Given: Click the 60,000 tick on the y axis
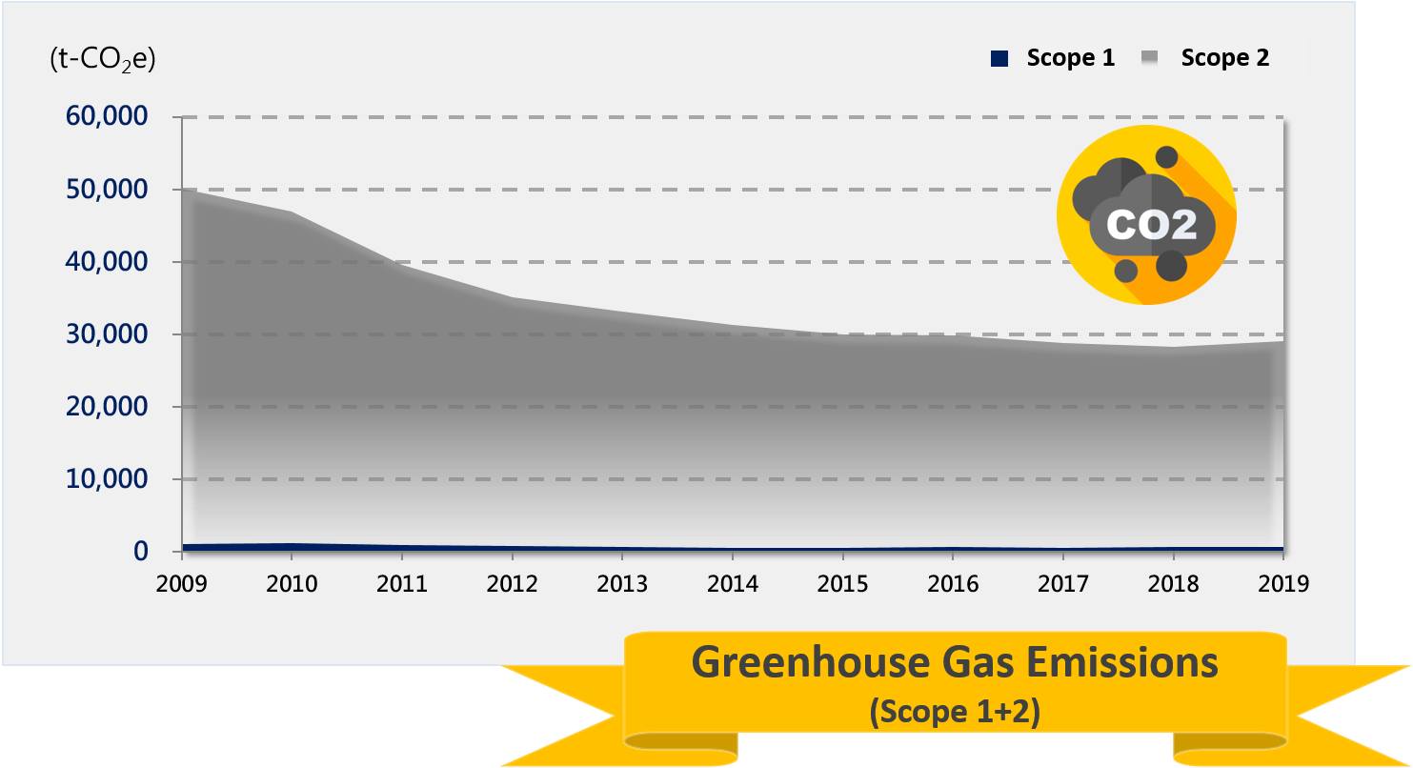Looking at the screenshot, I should click(x=106, y=117).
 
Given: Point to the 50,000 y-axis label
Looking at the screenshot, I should click(x=106, y=190).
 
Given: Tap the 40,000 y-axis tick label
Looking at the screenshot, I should click(x=106, y=262).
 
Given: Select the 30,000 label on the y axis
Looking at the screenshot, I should click(x=106, y=334).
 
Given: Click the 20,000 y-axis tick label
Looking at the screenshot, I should click(x=106, y=407).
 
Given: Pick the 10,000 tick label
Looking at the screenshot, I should click(x=106, y=479).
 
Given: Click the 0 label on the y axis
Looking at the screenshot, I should click(x=141, y=552).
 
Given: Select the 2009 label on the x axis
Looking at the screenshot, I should click(x=181, y=583).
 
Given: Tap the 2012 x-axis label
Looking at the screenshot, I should click(x=512, y=583).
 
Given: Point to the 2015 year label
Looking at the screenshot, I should click(x=842, y=583).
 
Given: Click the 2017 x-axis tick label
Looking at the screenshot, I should click(x=1062, y=583).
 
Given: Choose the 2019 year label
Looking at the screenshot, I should click(x=1282, y=583).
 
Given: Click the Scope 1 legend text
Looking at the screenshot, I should click(x=1070, y=58).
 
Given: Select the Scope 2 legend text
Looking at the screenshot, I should click(x=1224, y=58).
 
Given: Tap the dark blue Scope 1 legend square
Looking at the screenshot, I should click(x=999, y=59).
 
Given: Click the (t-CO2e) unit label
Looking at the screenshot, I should click(x=102, y=59).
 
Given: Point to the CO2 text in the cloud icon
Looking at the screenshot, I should click(x=1151, y=225).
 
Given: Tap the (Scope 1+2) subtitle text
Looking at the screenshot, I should click(x=954, y=712).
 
